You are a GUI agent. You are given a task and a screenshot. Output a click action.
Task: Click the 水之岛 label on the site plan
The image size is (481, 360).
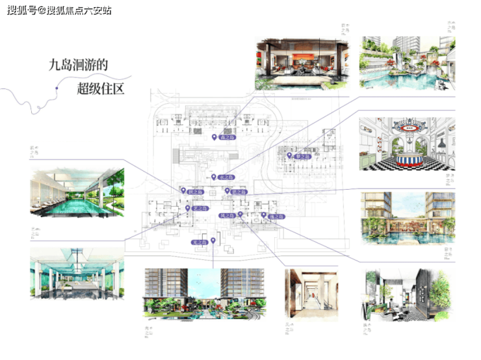pos(225,177)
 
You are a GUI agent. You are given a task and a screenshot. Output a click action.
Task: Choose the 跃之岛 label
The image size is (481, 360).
pos(196,192)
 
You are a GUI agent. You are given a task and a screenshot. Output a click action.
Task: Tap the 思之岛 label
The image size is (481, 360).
pos(239,192)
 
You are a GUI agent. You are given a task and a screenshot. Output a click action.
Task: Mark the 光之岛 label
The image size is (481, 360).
pos(201,242)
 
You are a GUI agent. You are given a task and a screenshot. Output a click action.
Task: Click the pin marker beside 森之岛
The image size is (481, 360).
pos(214,137)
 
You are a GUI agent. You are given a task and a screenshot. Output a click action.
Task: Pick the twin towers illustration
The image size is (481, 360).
pos(204,294)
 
